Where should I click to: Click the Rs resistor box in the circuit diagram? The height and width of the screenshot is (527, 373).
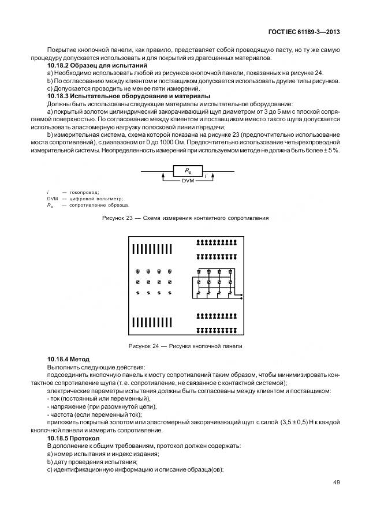[188, 171]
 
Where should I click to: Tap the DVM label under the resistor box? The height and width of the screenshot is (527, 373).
[188, 181]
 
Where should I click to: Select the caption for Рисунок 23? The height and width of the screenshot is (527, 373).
[188, 218]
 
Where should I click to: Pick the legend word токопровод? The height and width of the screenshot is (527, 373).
[84, 192]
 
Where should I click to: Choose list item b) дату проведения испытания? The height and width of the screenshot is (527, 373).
[92, 462]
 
